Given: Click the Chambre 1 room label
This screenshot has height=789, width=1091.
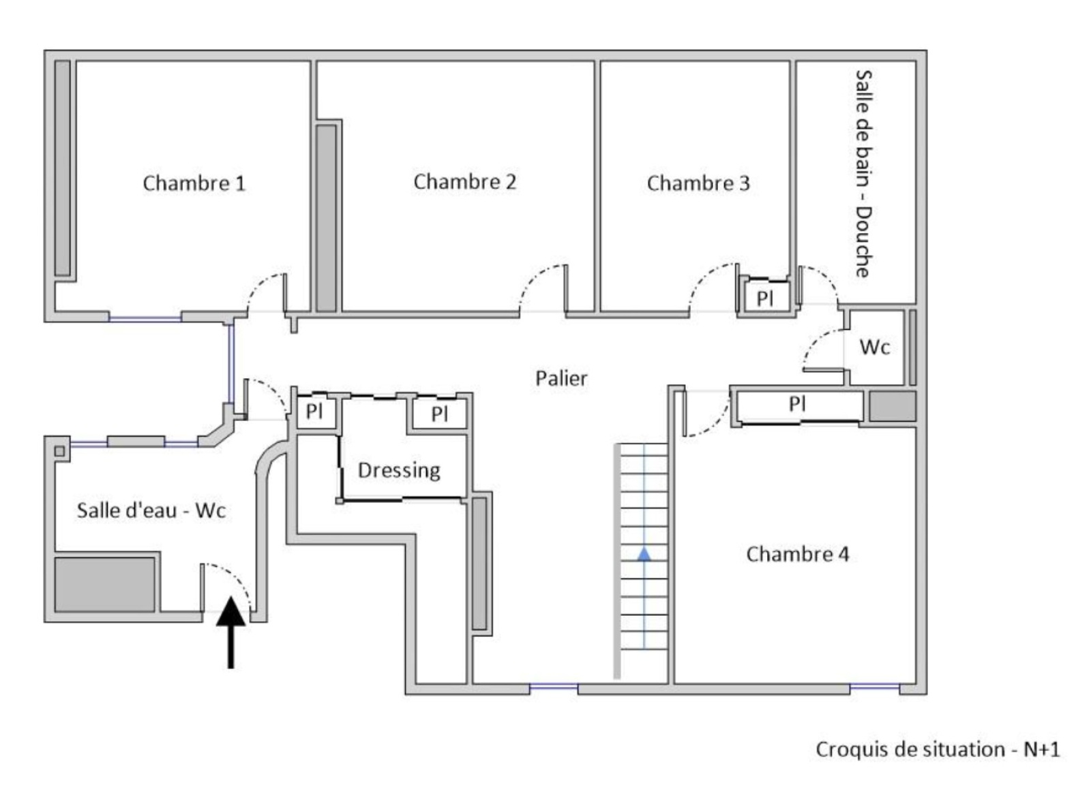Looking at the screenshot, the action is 194,183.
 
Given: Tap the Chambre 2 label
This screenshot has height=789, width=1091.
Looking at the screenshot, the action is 464,181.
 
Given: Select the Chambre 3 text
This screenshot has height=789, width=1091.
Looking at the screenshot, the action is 698,183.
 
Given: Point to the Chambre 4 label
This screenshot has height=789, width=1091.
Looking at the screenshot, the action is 797,555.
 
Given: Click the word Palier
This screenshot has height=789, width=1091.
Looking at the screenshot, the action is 561,378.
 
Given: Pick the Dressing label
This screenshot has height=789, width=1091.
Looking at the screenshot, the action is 399,471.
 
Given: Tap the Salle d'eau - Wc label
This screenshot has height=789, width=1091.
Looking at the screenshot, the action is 151,510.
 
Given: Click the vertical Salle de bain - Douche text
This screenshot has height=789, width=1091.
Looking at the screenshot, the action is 863,174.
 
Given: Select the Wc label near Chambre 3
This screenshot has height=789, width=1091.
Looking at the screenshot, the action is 875,347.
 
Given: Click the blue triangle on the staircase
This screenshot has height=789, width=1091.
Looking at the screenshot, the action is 644,554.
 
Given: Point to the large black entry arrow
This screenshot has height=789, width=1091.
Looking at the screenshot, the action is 231,633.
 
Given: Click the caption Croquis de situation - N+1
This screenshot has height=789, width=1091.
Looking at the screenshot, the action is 938,749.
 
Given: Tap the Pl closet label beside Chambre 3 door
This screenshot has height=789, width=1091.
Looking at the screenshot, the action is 764,298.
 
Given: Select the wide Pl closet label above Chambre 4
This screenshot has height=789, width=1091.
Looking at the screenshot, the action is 797,403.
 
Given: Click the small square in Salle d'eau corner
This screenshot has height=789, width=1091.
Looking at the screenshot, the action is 59,451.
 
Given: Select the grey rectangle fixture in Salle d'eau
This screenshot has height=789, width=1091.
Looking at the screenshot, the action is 105,585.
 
